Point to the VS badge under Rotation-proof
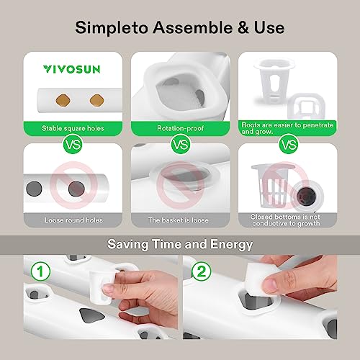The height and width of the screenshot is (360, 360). [180, 144]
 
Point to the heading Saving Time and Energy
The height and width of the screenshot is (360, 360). [180, 244]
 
